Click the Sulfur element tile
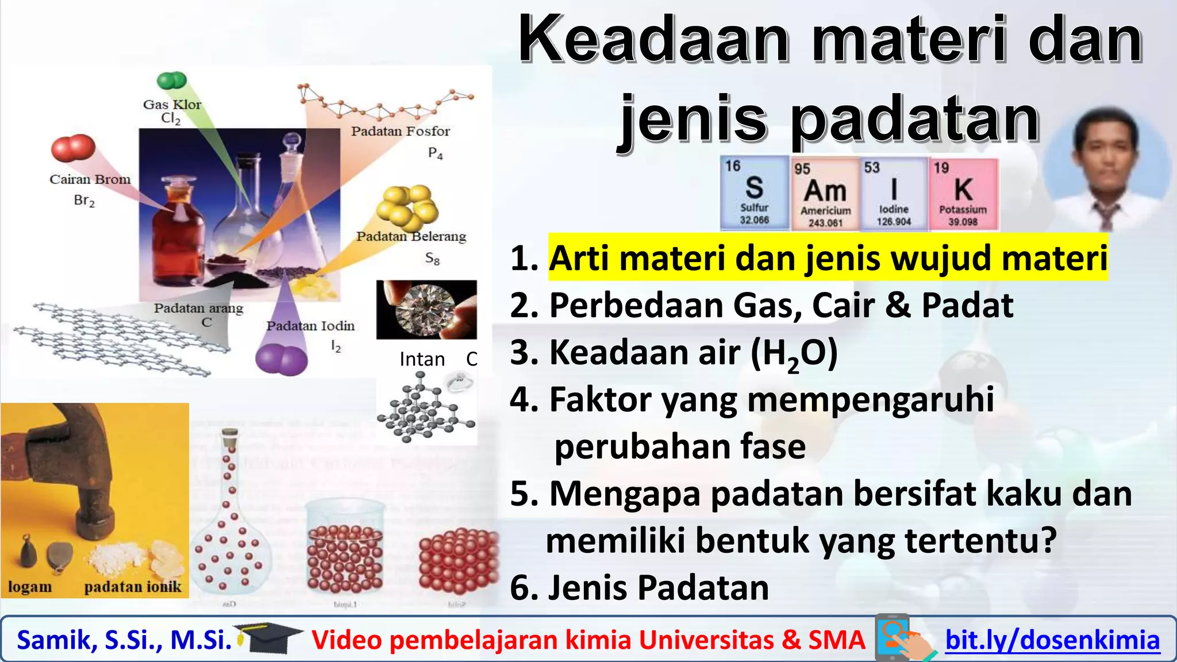click(x=755, y=194)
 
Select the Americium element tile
click(x=825, y=194)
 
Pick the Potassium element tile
click(x=963, y=194)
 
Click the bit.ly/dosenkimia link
click(x=1052, y=640)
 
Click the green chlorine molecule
click(x=171, y=80)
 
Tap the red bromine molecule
click(x=73, y=148)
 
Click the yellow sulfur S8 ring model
click(x=406, y=205)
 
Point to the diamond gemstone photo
click(x=426, y=309)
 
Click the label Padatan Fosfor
click(x=400, y=131)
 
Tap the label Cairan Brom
click(x=90, y=179)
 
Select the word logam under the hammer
click(x=30, y=587)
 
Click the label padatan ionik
click(x=132, y=587)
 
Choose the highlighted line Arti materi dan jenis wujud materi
click(x=828, y=258)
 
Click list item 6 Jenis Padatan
click(x=640, y=587)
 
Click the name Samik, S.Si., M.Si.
click(x=124, y=640)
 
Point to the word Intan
click(x=422, y=359)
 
